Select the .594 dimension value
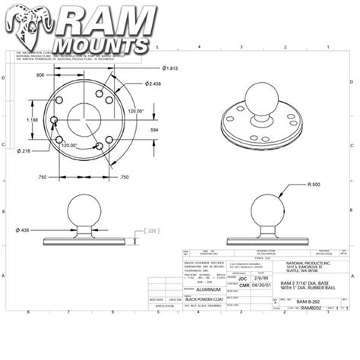[x=153, y=130]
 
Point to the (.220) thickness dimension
[x=152, y=231]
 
